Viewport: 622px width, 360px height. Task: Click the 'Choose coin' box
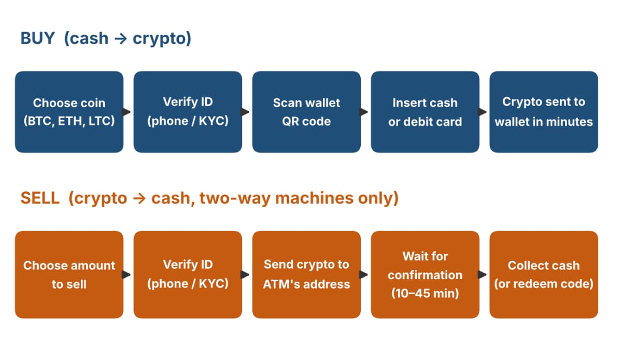pos(69,112)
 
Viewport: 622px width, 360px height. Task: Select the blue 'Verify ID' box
pos(188,112)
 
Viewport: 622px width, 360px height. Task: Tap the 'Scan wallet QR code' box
pos(306,112)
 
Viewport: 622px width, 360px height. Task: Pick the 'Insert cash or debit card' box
pos(425,112)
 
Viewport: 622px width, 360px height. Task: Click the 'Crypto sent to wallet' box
pos(544,112)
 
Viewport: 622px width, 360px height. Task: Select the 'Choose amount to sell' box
pos(69,275)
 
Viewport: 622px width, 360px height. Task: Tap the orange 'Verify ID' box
pos(188,275)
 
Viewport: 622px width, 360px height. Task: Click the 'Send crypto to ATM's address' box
pos(306,275)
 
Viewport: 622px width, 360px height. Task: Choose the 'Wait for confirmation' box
pos(425,275)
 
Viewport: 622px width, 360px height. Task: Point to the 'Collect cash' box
pos(544,275)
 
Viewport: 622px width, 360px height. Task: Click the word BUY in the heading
pos(37,38)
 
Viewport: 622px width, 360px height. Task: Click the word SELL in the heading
pos(40,198)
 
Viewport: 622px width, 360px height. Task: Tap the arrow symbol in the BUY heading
pos(121,39)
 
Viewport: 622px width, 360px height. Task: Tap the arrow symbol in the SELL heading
pos(139,199)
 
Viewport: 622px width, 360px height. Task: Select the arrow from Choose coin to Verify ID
pos(126,112)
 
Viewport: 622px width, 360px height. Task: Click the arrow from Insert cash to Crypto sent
pos(483,112)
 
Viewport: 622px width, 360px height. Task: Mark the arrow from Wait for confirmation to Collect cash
pos(483,275)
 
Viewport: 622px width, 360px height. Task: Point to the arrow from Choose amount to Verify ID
pos(126,275)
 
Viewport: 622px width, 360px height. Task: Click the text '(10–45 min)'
pos(425,293)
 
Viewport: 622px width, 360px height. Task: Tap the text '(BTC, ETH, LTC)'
pos(69,121)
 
